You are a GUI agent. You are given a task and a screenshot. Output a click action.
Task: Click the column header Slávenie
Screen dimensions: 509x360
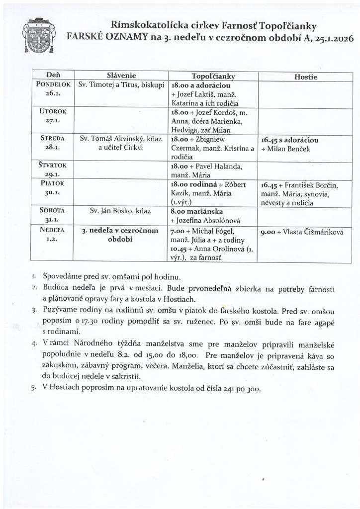click(x=121, y=76)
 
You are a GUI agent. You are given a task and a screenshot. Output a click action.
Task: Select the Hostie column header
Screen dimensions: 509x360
click(x=305, y=77)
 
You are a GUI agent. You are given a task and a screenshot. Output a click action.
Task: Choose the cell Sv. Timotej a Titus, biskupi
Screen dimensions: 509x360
click(x=121, y=85)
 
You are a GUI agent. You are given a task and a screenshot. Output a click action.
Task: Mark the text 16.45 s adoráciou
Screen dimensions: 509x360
click(x=289, y=140)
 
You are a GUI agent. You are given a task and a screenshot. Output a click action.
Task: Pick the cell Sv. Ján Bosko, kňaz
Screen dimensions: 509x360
click(x=121, y=210)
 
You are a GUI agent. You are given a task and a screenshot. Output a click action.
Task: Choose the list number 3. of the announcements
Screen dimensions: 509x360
click(x=34, y=311)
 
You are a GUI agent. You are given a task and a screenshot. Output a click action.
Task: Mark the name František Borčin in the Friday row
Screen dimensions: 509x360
click(x=310, y=185)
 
